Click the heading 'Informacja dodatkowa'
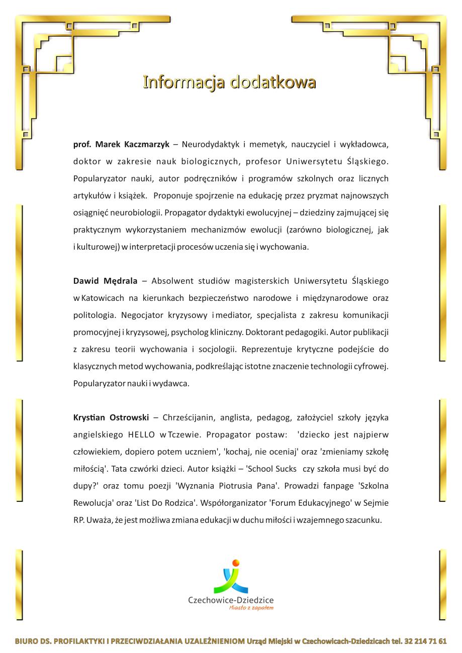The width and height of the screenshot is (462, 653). point(229,82)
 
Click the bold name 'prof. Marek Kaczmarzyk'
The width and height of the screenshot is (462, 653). point(121,145)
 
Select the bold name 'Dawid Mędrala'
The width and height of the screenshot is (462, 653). point(105,281)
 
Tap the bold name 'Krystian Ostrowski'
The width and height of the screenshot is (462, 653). point(111,417)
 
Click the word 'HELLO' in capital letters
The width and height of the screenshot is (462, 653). point(141,434)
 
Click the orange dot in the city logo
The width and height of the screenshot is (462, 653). point(236,563)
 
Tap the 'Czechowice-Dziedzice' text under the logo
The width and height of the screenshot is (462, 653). point(231,600)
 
